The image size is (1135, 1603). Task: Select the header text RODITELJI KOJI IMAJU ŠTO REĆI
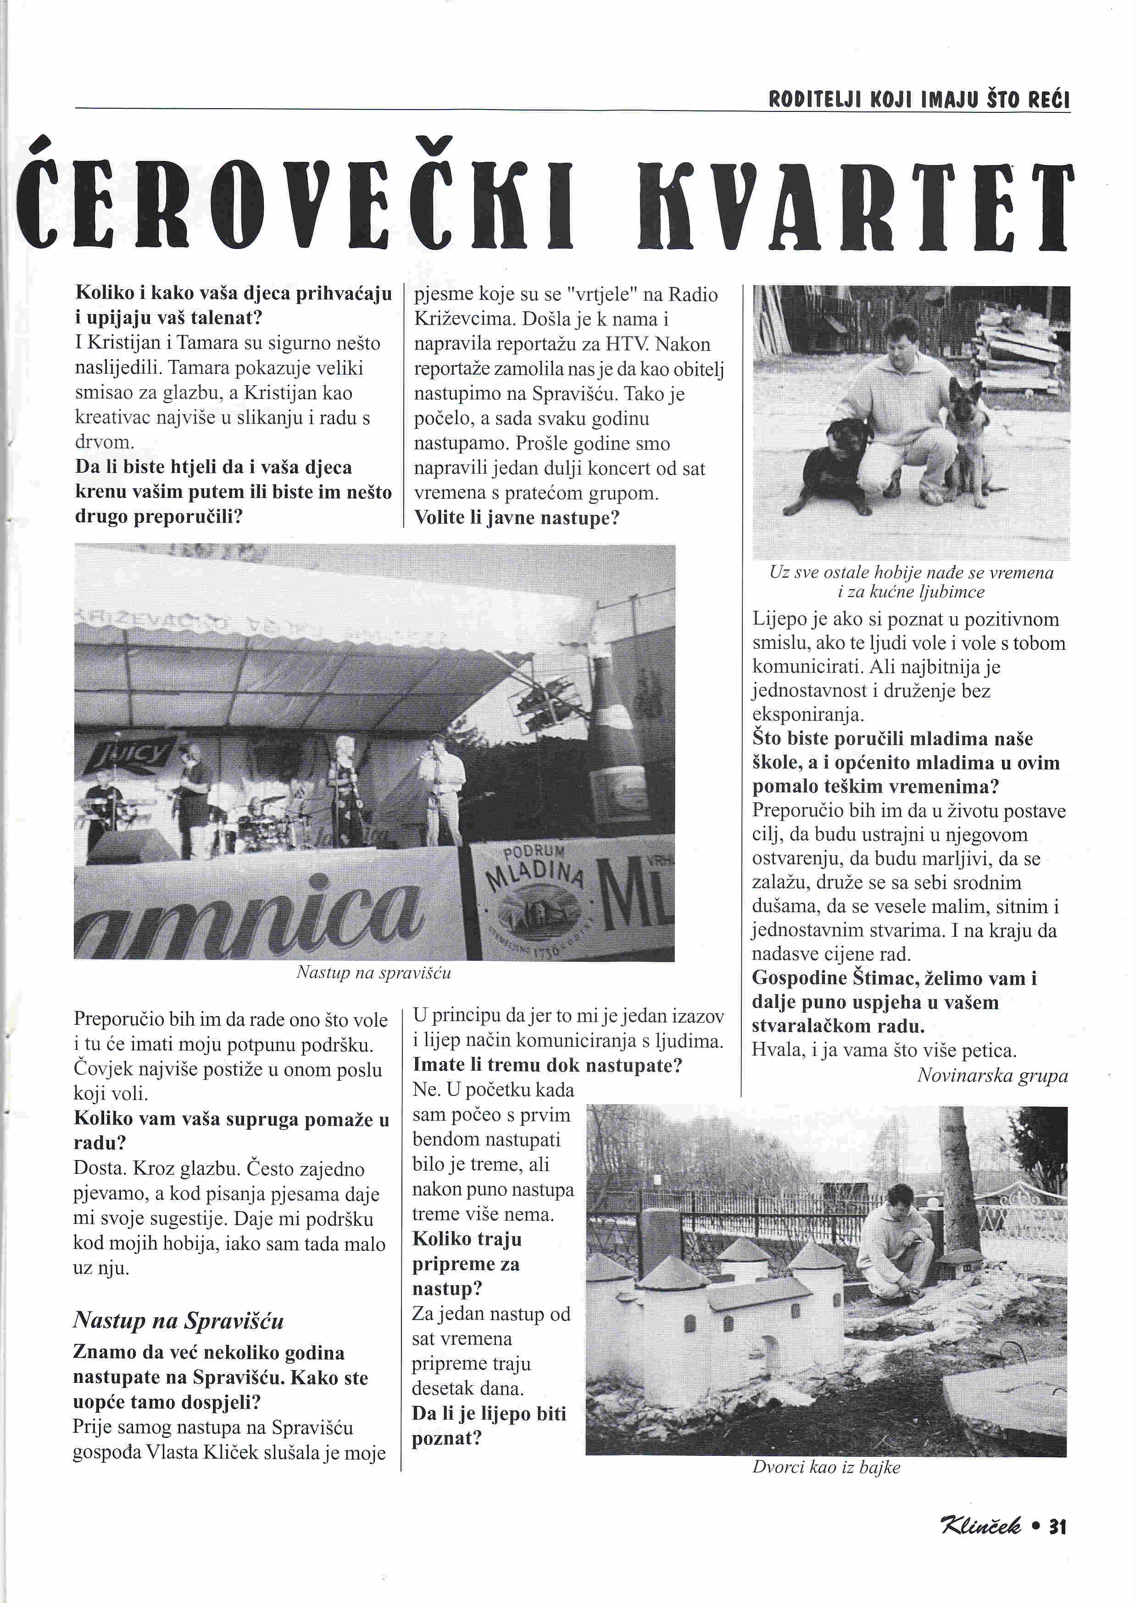click(x=919, y=100)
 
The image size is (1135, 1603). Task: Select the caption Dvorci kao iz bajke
click(x=826, y=1467)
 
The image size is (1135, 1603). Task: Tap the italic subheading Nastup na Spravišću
click(x=178, y=1321)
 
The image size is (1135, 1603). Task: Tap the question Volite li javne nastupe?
click(x=517, y=518)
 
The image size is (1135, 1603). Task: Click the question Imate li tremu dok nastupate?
click(x=547, y=1065)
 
